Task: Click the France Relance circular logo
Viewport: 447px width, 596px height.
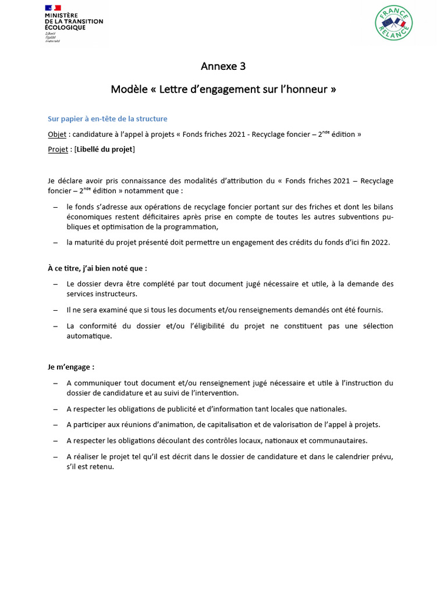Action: coord(394,23)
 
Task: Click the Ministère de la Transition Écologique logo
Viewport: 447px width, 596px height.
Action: coord(73,23)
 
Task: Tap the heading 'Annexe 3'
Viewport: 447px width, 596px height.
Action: coord(223,66)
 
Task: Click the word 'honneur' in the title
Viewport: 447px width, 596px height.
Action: coord(308,90)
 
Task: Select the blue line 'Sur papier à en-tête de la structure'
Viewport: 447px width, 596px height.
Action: coord(107,119)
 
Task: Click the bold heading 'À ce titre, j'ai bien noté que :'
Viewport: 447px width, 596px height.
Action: coord(97,268)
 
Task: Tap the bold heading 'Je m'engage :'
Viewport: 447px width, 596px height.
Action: coord(71,367)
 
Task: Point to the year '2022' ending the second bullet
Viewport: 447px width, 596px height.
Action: coord(379,242)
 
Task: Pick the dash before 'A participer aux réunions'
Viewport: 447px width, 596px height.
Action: coord(55,424)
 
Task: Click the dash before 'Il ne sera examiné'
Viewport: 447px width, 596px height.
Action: coord(55,310)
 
